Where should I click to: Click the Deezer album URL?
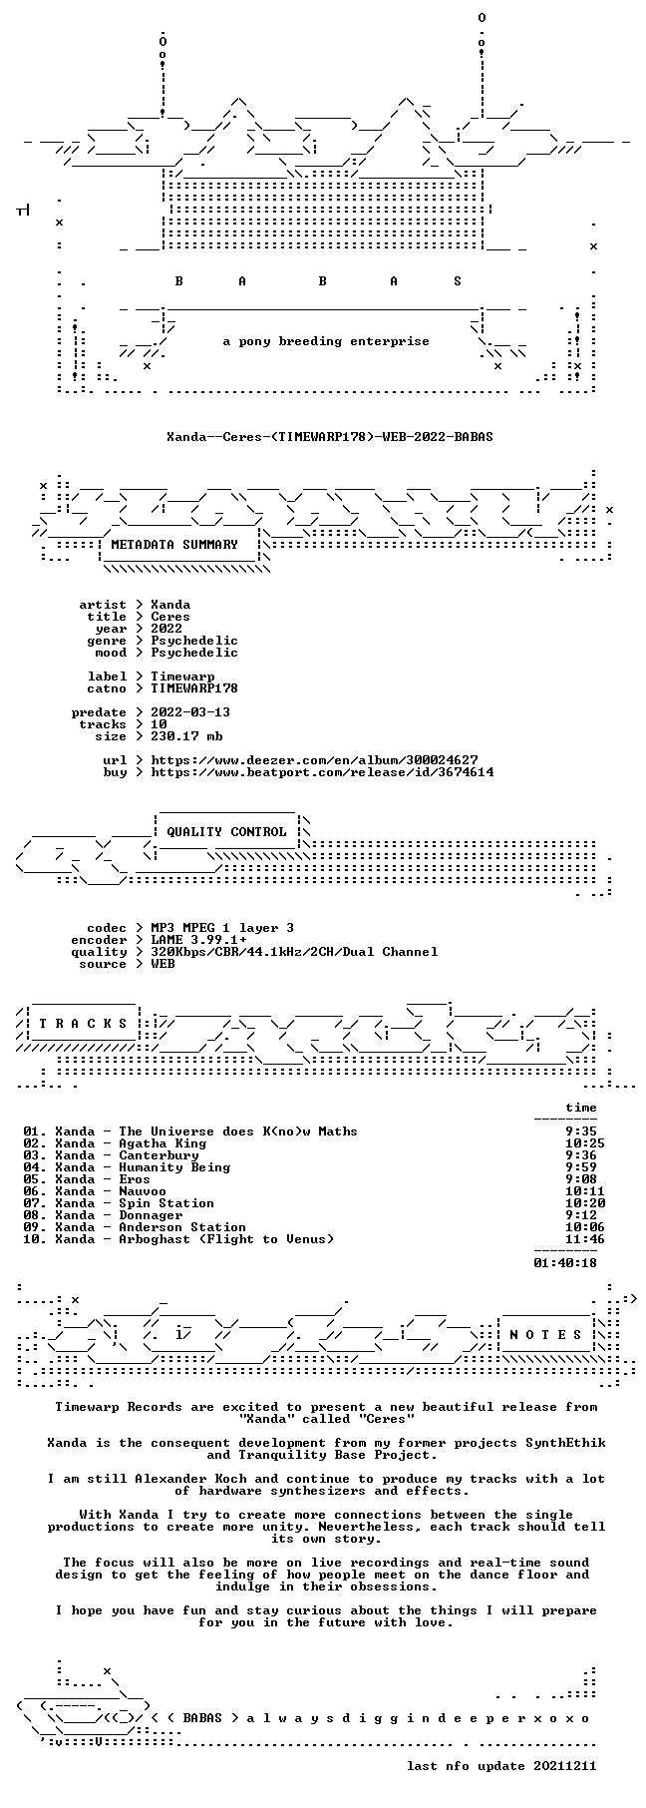tap(314, 760)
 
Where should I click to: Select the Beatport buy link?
tap(322, 772)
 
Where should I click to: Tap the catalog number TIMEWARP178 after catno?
tap(194, 688)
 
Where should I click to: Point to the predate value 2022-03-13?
tap(190, 712)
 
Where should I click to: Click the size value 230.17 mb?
tap(186, 736)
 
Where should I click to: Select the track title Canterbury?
tap(159, 1155)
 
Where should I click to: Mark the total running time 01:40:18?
tap(565, 1263)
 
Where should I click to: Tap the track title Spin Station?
tap(166, 1203)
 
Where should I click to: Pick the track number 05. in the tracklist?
tap(35, 1179)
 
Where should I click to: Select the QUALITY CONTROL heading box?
tap(226, 832)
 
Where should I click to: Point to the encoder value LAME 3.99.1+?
tap(198, 940)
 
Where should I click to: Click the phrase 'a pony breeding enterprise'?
tap(326, 341)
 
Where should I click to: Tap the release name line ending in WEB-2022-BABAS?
tap(330, 437)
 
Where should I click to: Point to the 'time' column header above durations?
tap(581, 1108)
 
